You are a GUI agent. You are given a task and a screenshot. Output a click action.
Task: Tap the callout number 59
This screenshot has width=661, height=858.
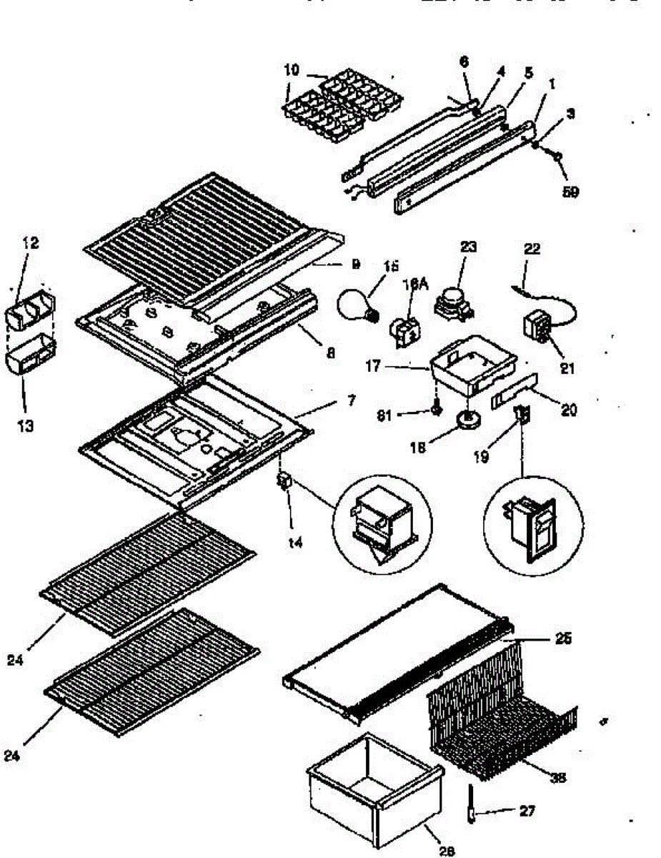(x=570, y=192)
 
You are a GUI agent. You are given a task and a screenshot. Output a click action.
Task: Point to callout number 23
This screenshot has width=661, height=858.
(x=469, y=247)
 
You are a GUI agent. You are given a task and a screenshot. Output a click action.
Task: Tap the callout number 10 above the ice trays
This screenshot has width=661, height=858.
(x=292, y=71)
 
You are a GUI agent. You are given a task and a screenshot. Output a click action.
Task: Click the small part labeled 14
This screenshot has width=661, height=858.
(x=284, y=485)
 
